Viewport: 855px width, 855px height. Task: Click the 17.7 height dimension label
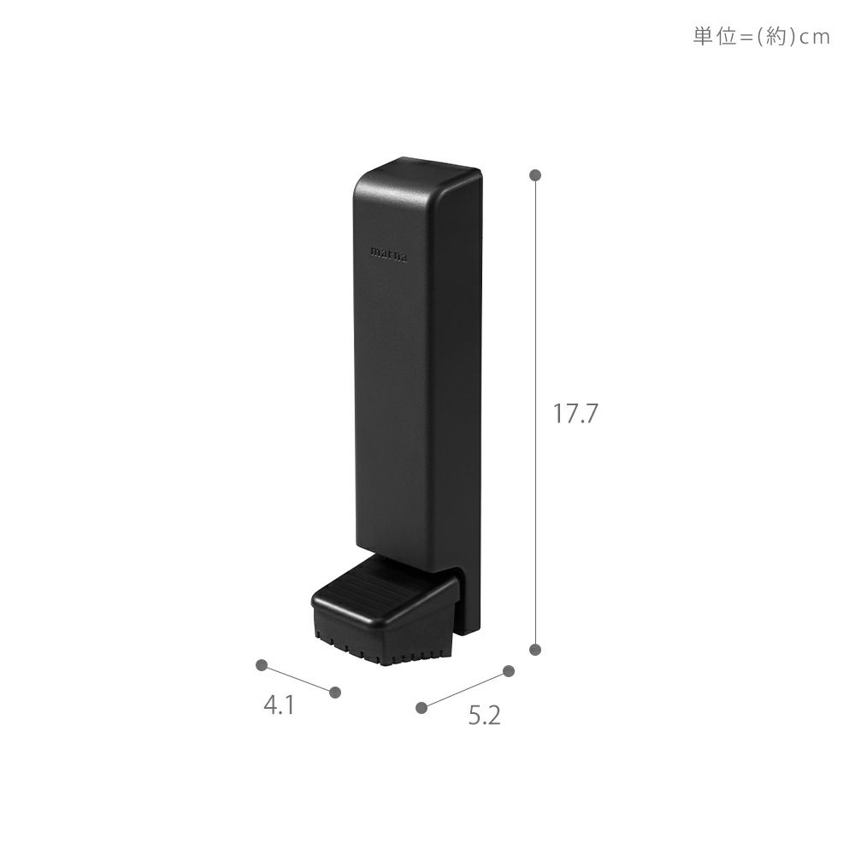(x=575, y=413)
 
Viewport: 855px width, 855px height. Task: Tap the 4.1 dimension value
(x=280, y=705)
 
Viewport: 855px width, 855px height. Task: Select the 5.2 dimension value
(x=484, y=716)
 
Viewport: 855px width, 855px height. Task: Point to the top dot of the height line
(x=535, y=175)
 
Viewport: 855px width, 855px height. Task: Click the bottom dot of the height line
(x=535, y=649)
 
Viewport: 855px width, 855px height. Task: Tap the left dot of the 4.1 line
(x=262, y=664)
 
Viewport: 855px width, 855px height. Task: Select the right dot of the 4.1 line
(x=335, y=693)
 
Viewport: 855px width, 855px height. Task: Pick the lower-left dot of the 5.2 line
(x=421, y=707)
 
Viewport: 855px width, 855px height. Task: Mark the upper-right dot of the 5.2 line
(x=509, y=671)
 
